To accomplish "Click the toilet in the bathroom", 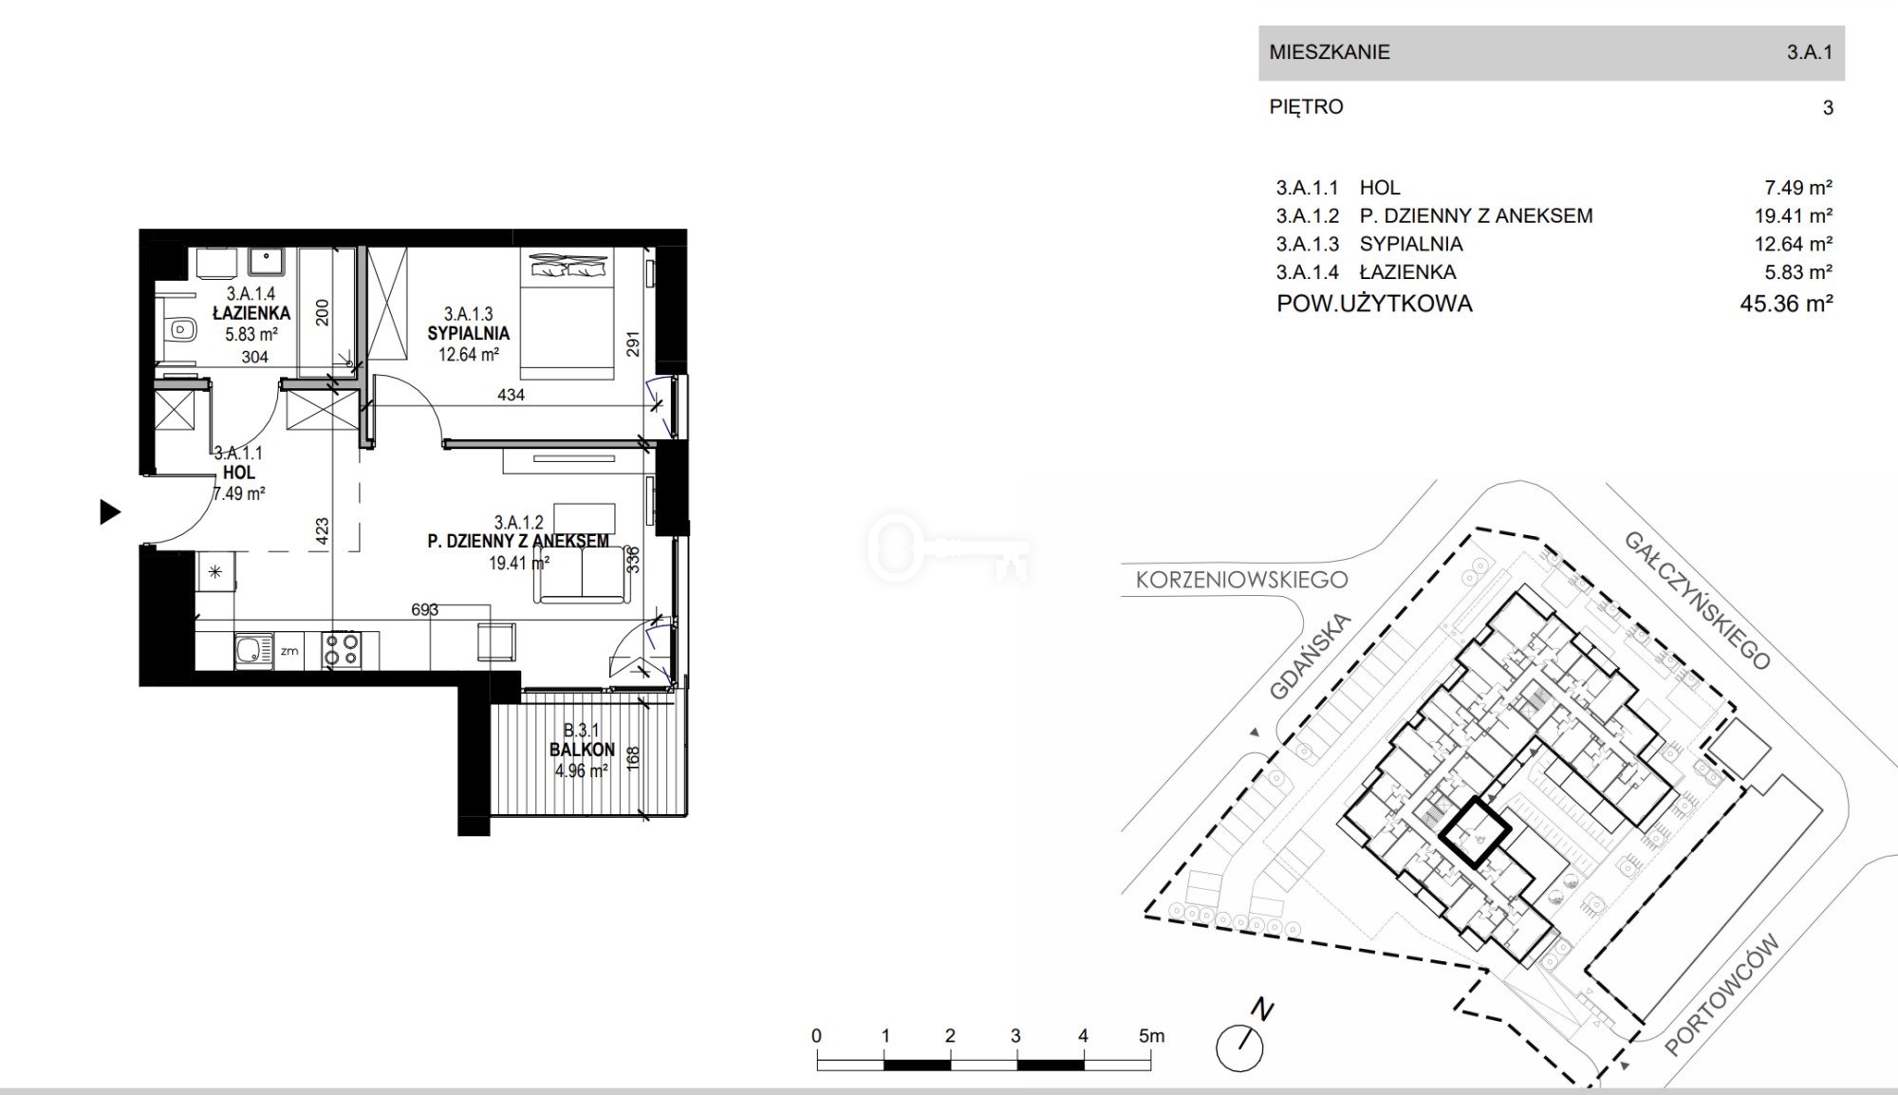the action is pyautogui.click(x=177, y=330).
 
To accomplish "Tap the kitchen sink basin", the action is pyautogui.click(x=251, y=651).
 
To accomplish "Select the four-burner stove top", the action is pyautogui.click(x=342, y=650).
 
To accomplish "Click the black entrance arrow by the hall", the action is pyautogui.click(x=110, y=512).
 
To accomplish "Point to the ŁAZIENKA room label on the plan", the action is pyautogui.click(x=251, y=313).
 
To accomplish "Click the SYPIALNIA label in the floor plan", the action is pyautogui.click(x=469, y=333).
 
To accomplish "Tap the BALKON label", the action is pyautogui.click(x=582, y=750).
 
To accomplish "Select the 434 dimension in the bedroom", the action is pyautogui.click(x=511, y=395).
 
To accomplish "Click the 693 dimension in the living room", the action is pyautogui.click(x=425, y=610).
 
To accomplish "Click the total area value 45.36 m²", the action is pyautogui.click(x=1786, y=304).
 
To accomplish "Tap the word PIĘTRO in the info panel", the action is pyautogui.click(x=1307, y=107).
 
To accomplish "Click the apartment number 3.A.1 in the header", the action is pyautogui.click(x=1810, y=52).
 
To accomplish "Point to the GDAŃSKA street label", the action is pyautogui.click(x=1310, y=657).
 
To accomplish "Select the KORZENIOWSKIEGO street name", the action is pyautogui.click(x=1241, y=579).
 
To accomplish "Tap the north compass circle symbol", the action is pyautogui.click(x=1239, y=1049).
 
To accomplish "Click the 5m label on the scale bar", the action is pyautogui.click(x=1151, y=1036).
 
